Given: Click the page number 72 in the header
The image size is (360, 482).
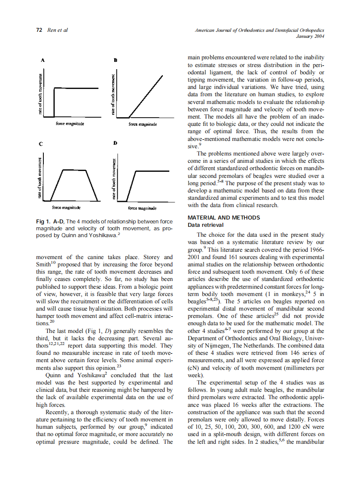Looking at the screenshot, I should [39, 30].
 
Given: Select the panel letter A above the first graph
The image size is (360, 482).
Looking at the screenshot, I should [42, 61].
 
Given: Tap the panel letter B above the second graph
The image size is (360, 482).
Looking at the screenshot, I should [115, 61].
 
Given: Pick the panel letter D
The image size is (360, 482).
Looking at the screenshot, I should [115, 142].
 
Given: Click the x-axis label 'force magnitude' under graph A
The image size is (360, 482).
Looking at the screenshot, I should [70, 124].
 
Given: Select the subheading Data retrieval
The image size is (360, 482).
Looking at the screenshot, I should [206, 225].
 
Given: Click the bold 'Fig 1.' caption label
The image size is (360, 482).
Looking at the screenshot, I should [43, 221].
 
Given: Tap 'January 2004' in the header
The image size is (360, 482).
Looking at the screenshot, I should [310, 37].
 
